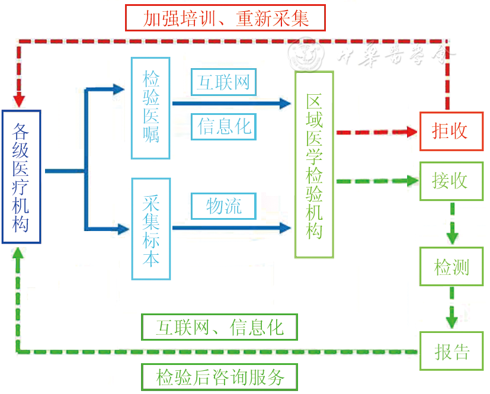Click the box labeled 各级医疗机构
click(x=21, y=177)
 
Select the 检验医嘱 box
click(x=150, y=108)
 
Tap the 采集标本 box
click(x=150, y=229)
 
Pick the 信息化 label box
click(x=223, y=126)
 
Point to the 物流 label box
click(x=223, y=206)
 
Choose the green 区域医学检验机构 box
click(x=314, y=165)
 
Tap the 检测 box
click(x=451, y=267)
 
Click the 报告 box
click(x=451, y=352)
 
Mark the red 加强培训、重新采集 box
click(x=226, y=18)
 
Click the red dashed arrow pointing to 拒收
click(x=376, y=132)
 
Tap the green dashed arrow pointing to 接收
click(x=376, y=181)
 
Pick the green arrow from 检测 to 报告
click(x=452, y=308)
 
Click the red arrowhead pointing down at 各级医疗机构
click(x=20, y=97)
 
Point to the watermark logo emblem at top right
click(x=307, y=55)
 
